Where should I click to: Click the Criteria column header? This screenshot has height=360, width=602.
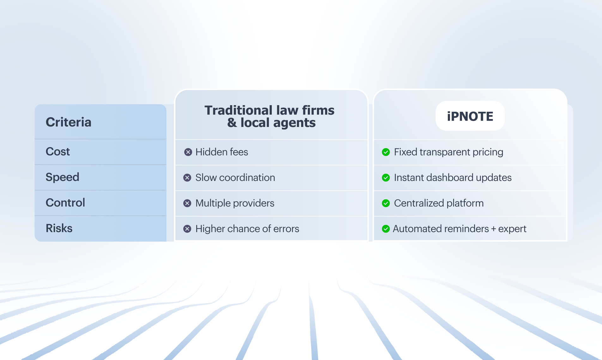pyautogui.click(x=69, y=122)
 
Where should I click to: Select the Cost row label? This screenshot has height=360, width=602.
pyautogui.click(x=58, y=152)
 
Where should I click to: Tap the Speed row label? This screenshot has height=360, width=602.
pyautogui.click(x=62, y=177)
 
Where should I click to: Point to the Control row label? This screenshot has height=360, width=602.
pyautogui.click(x=65, y=203)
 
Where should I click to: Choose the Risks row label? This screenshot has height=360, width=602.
pyautogui.click(x=59, y=228)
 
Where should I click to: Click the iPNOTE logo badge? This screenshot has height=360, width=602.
pyautogui.click(x=470, y=116)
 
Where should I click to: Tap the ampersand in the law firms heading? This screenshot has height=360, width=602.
pyautogui.click(x=232, y=123)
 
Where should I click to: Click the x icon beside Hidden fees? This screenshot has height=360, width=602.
pyautogui.click(x=188, y=152)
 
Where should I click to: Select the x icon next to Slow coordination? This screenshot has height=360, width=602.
pyautogui.click(x=187, y=178)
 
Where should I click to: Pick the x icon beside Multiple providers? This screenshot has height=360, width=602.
pyautogui.click(x=187, y=203)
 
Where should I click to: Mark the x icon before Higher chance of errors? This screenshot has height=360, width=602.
pyautogui.click(x=187, y=229)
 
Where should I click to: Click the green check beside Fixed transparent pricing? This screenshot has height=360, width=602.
pyautogui.click(x=386, y=152)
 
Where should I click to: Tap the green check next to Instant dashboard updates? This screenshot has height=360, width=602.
pyautogui.click(x=386, y=178)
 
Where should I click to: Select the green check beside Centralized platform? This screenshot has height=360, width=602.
pyautogui.click(x=386, y=203)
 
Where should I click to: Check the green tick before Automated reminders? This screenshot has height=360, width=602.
pyautogui.click(x=386, y=229)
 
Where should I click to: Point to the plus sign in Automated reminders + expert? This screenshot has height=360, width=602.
pyautogui.click(x=494, y=229)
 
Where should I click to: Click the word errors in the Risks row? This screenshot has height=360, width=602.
pyautogui.click(x=286, y=229)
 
